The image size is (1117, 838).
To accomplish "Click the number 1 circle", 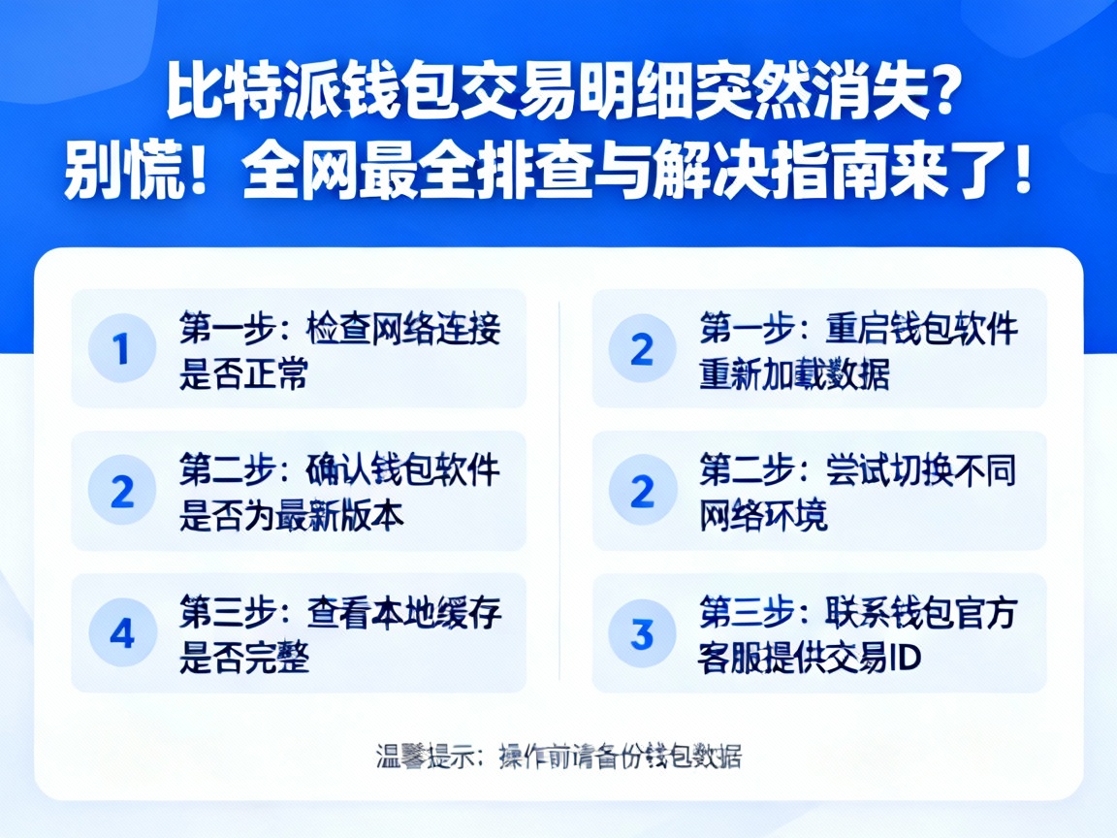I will [122, 348].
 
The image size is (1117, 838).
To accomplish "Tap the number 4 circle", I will [122, 633].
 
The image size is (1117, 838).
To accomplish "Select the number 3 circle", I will [642, 633].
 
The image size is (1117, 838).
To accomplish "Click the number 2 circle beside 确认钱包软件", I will [122, 491].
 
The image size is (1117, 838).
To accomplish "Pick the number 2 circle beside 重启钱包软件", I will [642, 348].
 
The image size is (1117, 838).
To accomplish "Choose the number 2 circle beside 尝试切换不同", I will [642, 491].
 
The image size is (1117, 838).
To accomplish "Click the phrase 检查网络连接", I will [403, 329].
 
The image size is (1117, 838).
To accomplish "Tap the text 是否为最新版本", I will [291, 516].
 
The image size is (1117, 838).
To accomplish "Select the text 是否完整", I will [243, 659].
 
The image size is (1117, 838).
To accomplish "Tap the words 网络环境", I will [763, 516].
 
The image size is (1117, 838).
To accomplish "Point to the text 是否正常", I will [243, 373].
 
